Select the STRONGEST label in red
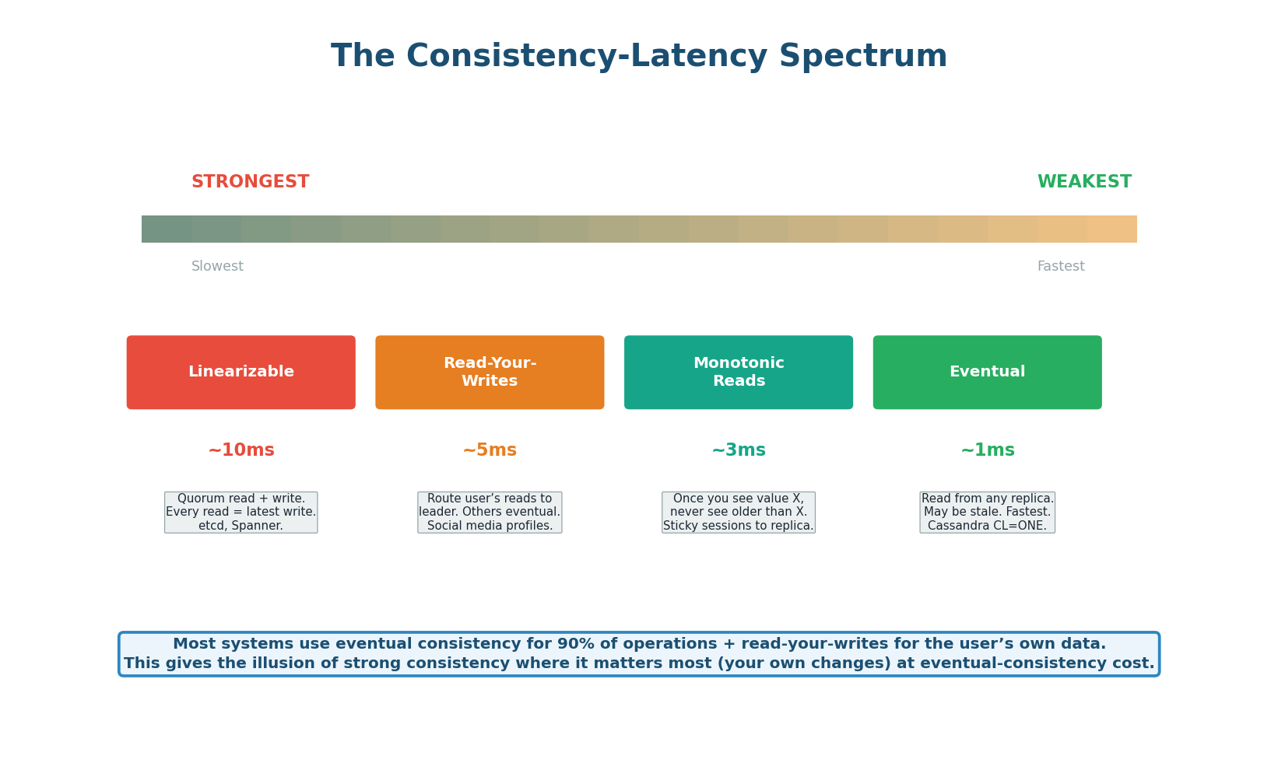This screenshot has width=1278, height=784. point(250,182)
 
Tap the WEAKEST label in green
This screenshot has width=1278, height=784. point(1084,182)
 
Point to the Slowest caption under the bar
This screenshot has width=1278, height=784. point(217,267)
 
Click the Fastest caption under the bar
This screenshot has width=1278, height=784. point(1060,267)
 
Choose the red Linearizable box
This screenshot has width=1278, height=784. point(241,373)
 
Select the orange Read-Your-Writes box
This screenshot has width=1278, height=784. point(490,373)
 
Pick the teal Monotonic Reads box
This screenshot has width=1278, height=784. point(738,373)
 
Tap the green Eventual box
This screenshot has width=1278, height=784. point(987,373)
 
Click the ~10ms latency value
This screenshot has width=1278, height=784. point(241,450)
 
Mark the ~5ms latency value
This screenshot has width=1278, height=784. point(490,450)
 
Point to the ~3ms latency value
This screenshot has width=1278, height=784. point(738,450)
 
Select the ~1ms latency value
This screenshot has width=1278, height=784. point(987,450)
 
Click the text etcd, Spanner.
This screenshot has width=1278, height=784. point(241,526)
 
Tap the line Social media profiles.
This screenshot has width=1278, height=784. point(490,526)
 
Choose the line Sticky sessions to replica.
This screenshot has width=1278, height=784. point(738,526)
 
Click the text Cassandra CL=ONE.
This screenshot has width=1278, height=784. point(987,526)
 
